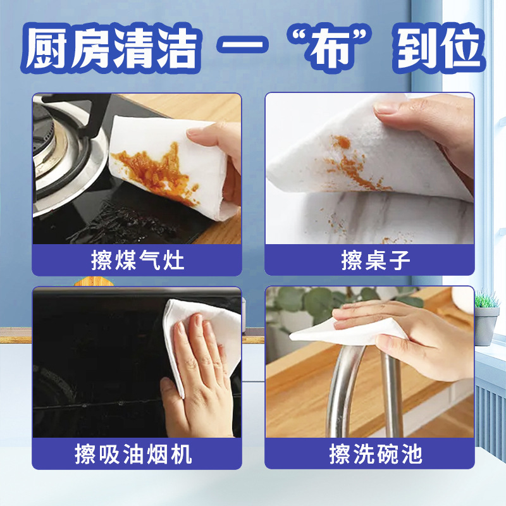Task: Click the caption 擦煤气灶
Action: point(137,260)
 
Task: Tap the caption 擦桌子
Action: point(376,260)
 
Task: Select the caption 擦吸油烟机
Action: point(133,454)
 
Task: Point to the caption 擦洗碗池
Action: point(376,454)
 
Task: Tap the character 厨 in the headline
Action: point(46,49)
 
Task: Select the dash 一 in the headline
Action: point(242,45)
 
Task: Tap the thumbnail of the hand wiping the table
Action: point(369,168)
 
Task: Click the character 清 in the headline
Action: point(135,49)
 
